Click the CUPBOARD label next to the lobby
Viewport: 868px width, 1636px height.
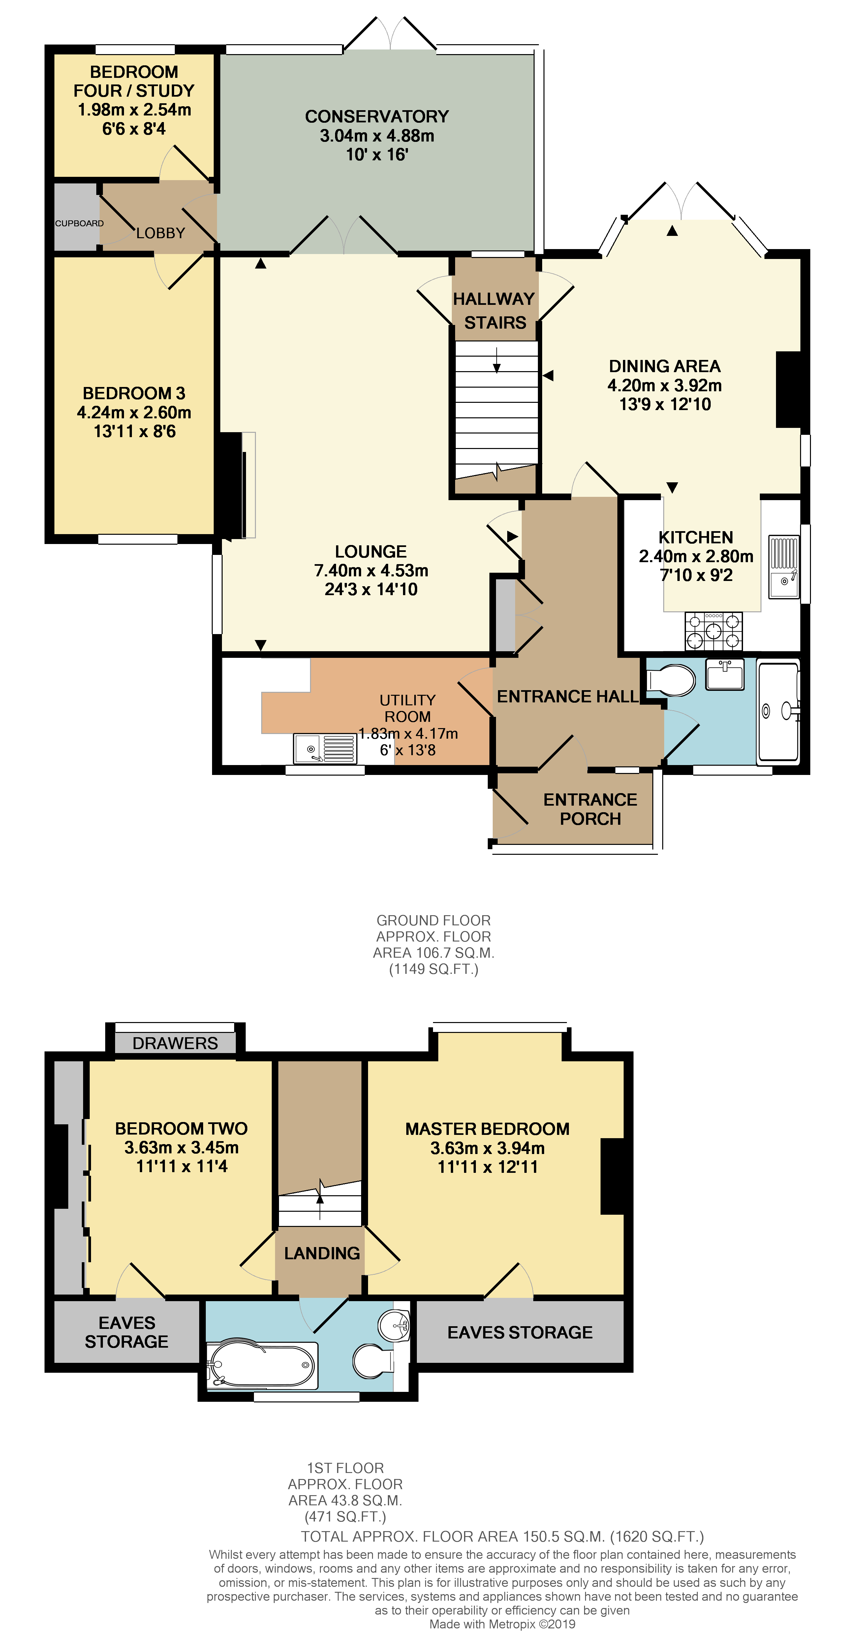coord(79,223)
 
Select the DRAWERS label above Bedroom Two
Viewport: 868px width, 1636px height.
coord(174,1043)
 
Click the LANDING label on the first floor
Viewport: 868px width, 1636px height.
coord(322,1253)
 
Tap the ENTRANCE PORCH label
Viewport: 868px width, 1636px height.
coord(590,809)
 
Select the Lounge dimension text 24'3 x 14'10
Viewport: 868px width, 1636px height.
coord(371,589)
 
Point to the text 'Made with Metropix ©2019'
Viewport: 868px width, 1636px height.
coord(502,1624)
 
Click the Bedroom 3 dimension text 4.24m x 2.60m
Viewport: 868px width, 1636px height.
coord(134,412)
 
